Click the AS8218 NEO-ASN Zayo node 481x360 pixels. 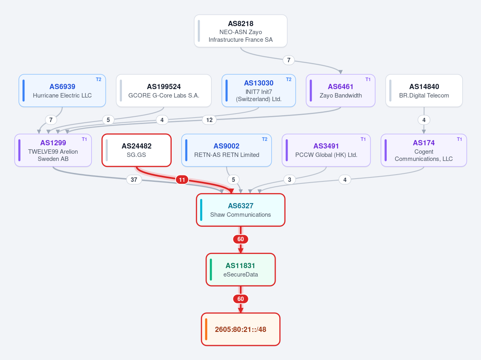coord(241,31)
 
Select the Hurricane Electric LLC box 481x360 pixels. coord(62,91)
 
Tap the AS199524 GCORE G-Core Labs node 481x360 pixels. coord(164,91)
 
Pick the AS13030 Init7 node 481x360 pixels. coord(259,91)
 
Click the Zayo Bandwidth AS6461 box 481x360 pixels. coord(341,91)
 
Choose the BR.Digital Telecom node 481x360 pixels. coord(424,91)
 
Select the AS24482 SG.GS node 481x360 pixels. coord(136,151)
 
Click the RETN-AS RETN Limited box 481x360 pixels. coord(226,151)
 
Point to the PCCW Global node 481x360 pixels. coord(326,151)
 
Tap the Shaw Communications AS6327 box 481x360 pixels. coord(241,210)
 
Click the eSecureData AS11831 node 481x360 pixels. coord(241,270)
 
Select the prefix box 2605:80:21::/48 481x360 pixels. coord(241,329)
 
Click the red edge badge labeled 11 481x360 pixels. coord(182,179)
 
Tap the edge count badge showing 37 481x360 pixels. coord(134,179)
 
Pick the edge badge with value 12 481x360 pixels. coord(209,120)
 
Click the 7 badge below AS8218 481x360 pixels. coord(288,60)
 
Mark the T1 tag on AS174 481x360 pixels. coord(459,139)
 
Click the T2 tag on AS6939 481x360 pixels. coord(98,79)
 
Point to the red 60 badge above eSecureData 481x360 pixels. coord(241,239)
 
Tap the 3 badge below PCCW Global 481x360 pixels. coord(289,179)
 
